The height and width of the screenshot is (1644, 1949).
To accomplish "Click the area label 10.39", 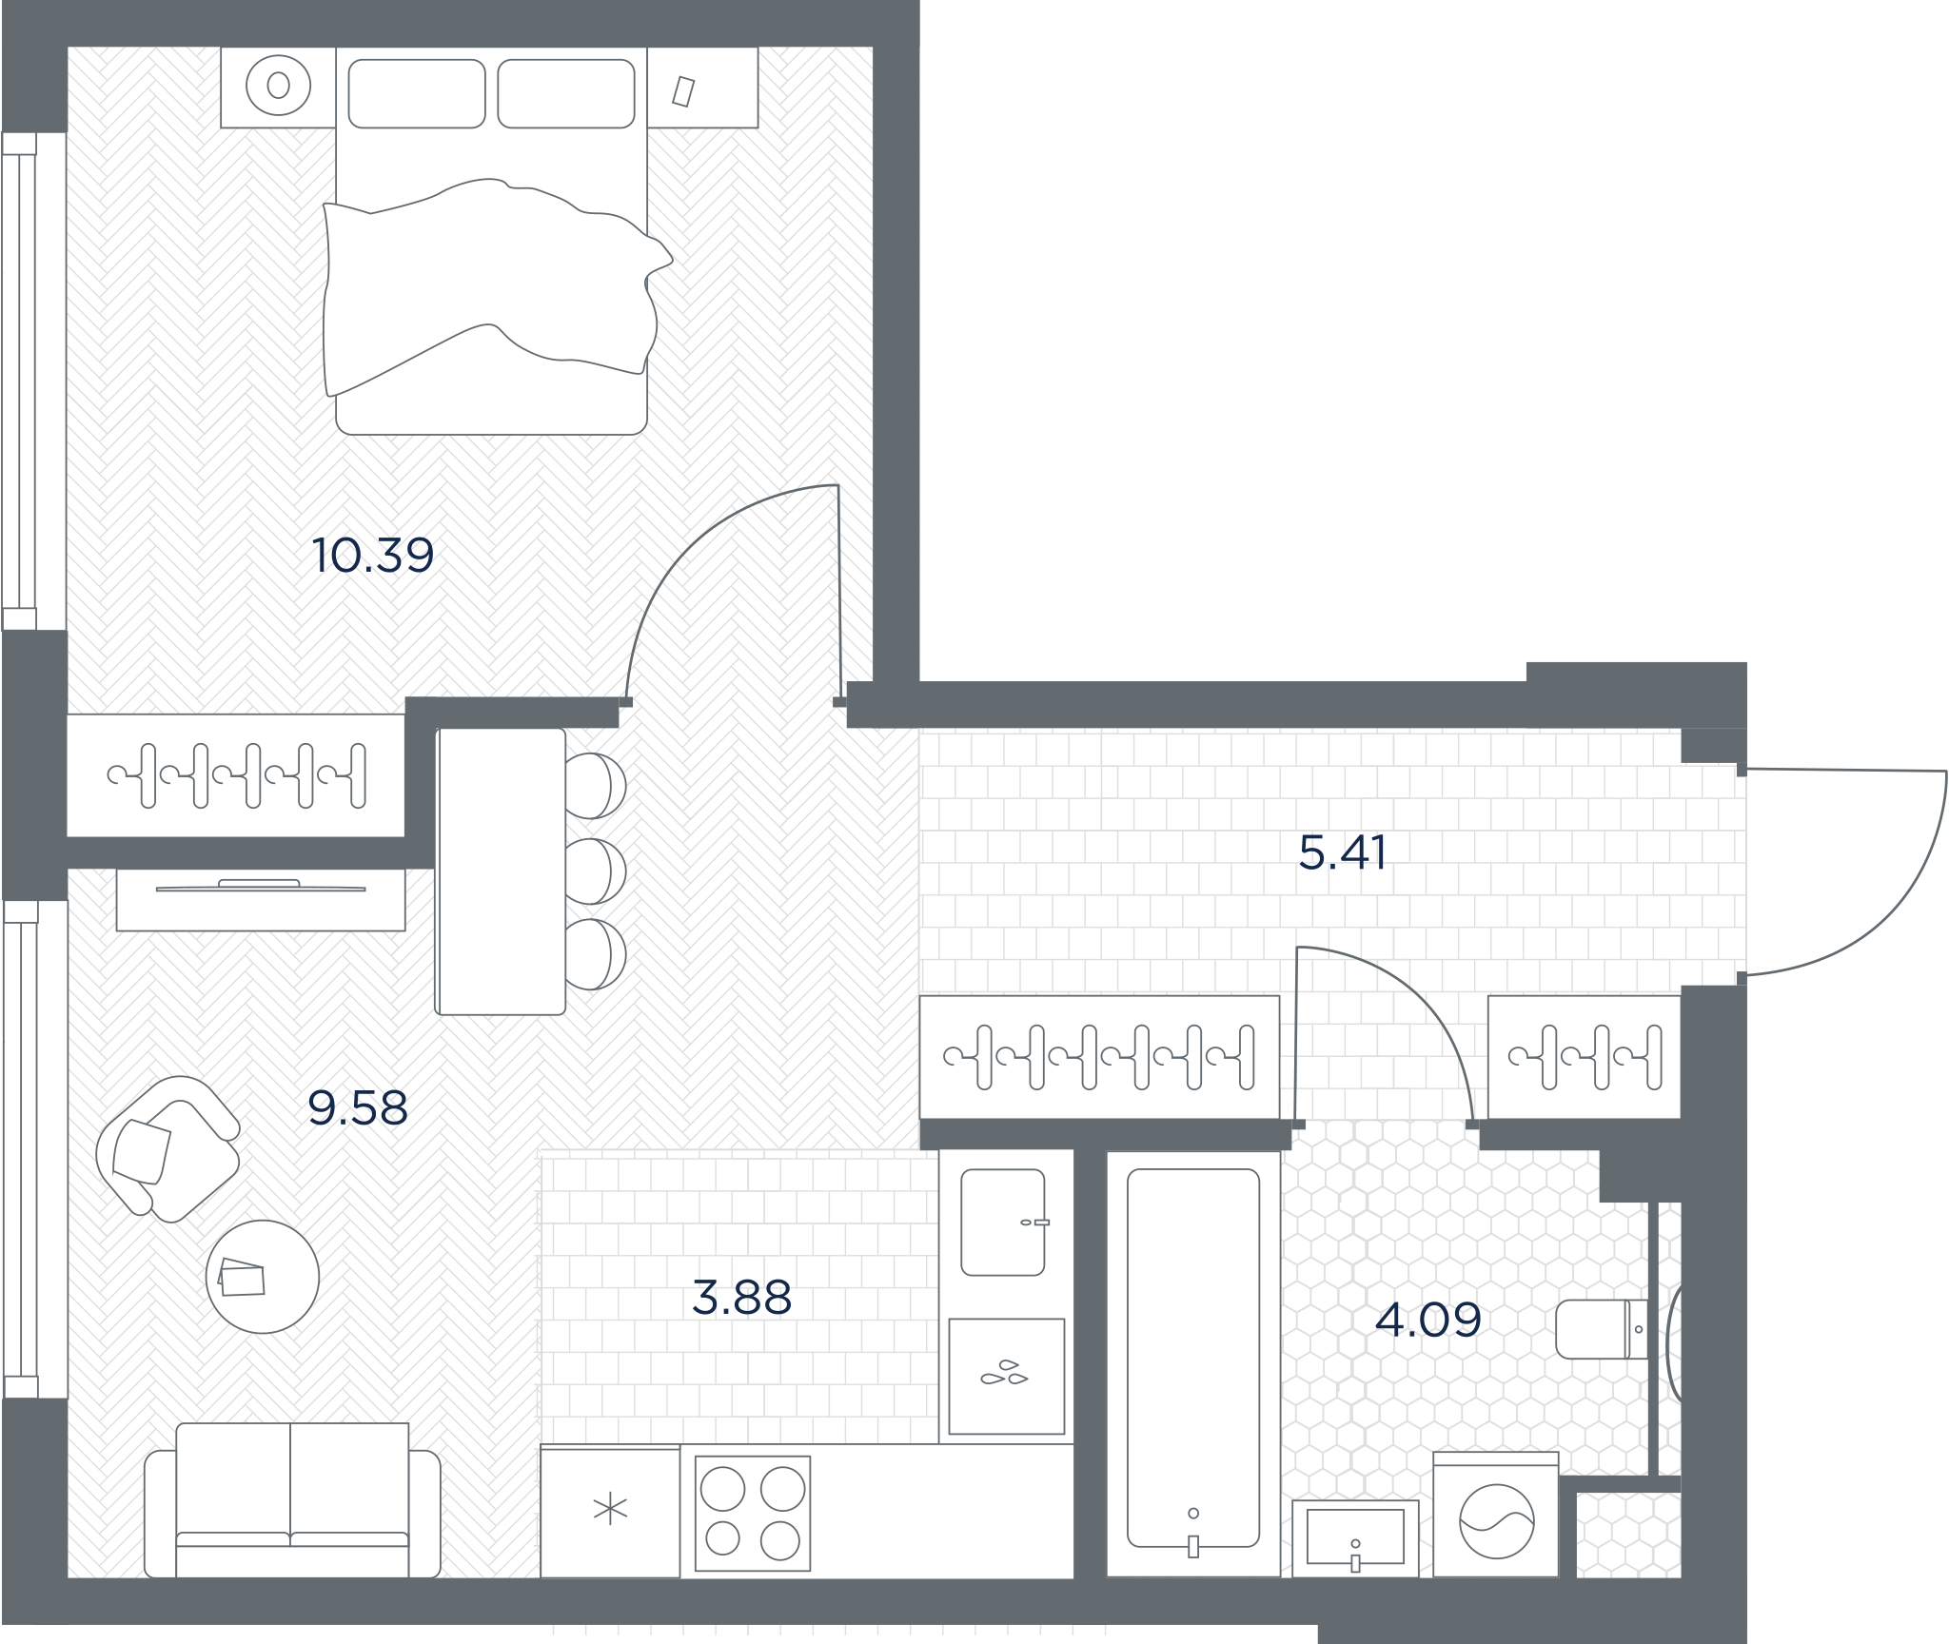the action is tap(373, 556).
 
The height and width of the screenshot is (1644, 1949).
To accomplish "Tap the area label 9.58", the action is tap(358, 1107).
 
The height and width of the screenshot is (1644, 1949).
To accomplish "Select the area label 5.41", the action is tap(1343, 852).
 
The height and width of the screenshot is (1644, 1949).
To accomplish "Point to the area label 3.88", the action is tap(741, 1298).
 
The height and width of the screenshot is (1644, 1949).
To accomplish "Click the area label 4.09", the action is tap(1428, 1320).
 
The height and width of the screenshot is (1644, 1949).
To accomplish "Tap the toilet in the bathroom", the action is tap(1602, 1329).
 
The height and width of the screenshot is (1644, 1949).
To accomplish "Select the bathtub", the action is tap(1193, 1363).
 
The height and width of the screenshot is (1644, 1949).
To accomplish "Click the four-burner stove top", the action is tap(753, 1513).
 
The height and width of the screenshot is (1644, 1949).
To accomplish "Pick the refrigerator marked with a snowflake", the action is tap(610, 1511).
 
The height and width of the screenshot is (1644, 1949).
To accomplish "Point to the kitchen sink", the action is tap(1003, 1222).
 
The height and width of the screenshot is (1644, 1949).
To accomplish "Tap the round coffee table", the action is tap(263, 1277).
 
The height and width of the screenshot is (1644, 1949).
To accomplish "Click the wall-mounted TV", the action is tap(261, 888).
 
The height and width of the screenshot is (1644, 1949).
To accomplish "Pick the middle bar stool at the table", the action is tap(596, 871).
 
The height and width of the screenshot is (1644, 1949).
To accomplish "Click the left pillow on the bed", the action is tap(417, 93).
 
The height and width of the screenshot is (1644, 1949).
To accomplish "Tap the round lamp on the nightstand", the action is tap(279, 86).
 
